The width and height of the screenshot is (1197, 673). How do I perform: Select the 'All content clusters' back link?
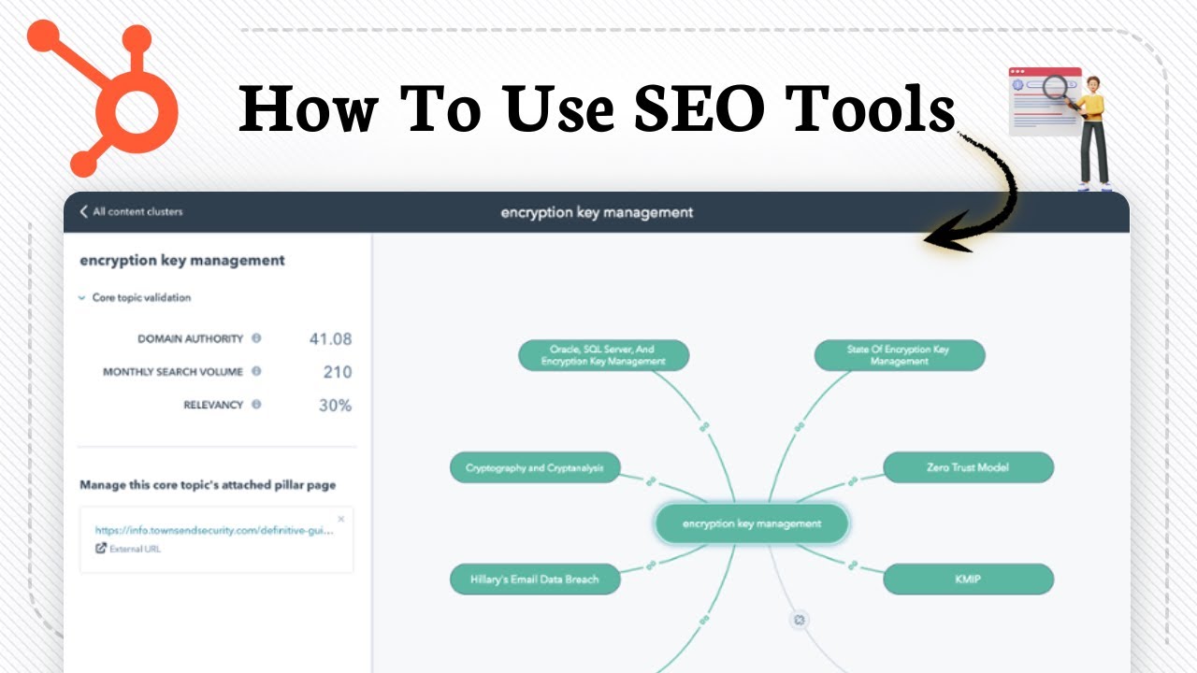coord(131,212)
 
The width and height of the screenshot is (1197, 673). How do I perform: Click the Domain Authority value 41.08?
coord(330,339)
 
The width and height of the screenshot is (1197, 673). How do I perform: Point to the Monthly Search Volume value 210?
coord(338,372)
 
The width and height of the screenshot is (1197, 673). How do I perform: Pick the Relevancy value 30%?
coord(334,406)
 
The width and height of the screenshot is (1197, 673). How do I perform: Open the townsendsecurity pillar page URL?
coord(214,531)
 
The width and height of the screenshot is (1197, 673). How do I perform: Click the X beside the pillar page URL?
coord(340,519)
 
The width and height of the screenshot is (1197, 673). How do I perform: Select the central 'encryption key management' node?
coord(752,524)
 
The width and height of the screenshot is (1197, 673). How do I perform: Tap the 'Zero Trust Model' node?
coord(968,467)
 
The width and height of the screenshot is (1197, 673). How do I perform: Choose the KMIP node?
coord(968,580)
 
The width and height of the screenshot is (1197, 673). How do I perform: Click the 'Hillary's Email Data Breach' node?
coord(535,580)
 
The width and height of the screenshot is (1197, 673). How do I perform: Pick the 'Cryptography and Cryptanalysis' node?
coord(535,468)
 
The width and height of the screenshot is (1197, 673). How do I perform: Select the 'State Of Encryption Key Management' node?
coord(899,355)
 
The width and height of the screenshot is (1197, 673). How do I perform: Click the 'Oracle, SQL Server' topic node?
coord(603,355)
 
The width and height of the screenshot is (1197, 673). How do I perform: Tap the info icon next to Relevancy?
coord(256,405)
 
